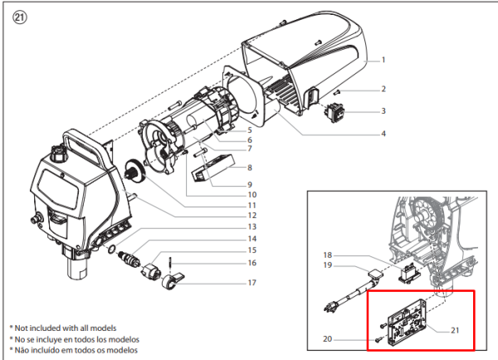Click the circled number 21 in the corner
pyautogui.click(x=20, y=17)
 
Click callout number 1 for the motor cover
pyautogui.click(x=383, y=60)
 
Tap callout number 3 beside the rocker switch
pyautogui.click(x=383, y=111)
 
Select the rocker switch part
pyautogui.click(x=334, y=113)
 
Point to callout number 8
pyautogui.click(x=250, y=168)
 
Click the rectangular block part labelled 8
pyautogui.click(x=212, y=168)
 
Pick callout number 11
pyautogui.click(x=251, y=205)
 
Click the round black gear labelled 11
pyautogui.click(x=135, y=172)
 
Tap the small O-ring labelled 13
pyautogui.click(x=111, y=250)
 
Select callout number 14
pyautogui.click(x=251, y=239)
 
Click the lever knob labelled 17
pyautogui.click(x=173, y=280)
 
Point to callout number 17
pyautogui.click(x=251, y=283)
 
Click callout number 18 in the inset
pyautogui.click(x=328, y=255)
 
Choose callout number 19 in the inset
pyautogui.click(x=328, y=265)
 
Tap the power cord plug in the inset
pyautogui.click(x=329, y=307)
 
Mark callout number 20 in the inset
pyautogui.click(x=328, y=339)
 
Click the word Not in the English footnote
pyautogui.click(x=22, y=328)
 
